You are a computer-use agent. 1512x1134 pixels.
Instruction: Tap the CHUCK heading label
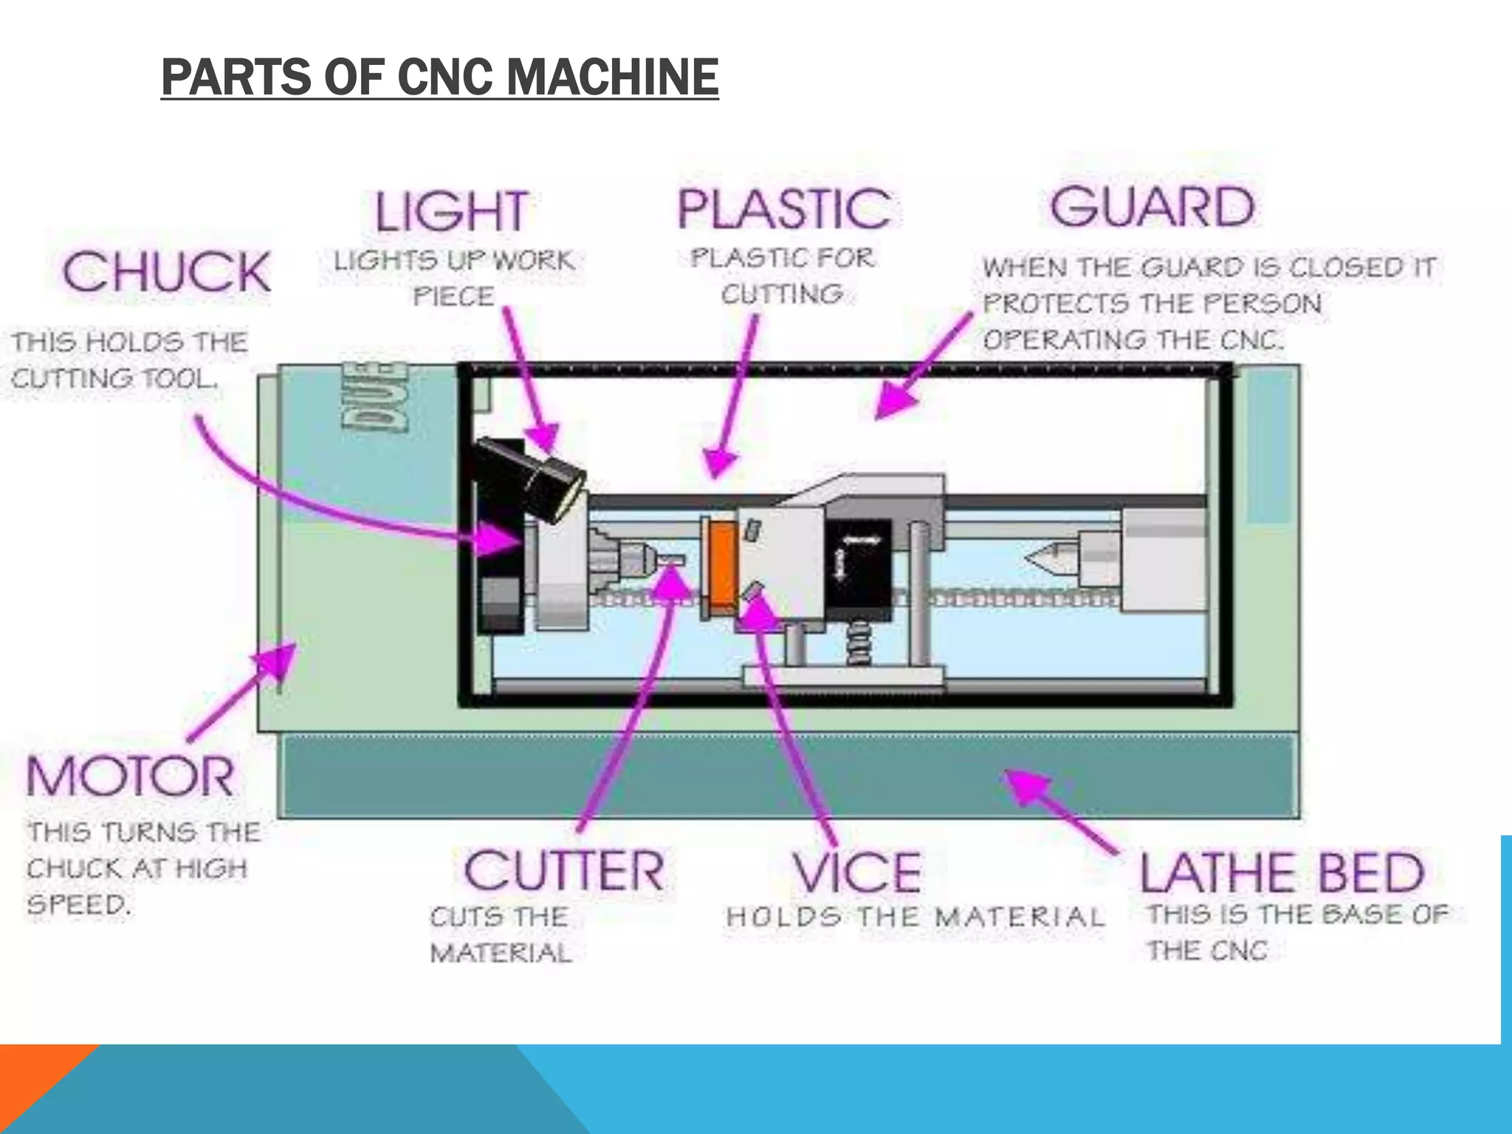pos(167,271)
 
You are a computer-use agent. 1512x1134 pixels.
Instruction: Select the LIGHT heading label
pos(452,211)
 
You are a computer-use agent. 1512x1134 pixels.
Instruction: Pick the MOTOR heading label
pos(130,776)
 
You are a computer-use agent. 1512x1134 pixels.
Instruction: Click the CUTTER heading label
pos(564,870)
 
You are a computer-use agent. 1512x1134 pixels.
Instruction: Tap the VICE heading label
pos(857,872)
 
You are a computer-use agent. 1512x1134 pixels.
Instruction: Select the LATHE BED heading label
pos(1282,873)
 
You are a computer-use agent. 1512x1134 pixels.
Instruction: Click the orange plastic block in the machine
pos(722,565)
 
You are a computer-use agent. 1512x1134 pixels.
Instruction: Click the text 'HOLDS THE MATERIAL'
pos(915,917)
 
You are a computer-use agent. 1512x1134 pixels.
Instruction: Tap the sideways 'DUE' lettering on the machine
pos(374,396)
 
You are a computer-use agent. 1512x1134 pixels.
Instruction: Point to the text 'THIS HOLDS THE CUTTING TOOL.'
pos(128,360)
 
